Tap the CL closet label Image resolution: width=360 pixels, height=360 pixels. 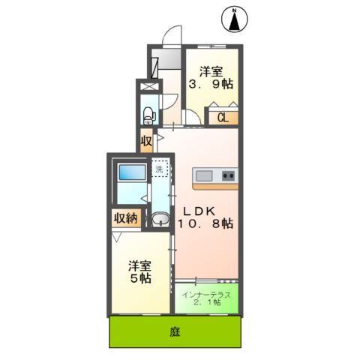tap(223, 116)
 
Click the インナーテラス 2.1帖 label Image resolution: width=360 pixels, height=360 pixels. tap(208, 298)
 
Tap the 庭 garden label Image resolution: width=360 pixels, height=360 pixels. tap(175, 330)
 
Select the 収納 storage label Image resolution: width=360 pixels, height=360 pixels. tap(125, 219)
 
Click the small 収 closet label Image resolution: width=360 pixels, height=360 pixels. tap(146, 140)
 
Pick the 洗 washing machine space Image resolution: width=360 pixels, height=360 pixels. tap(159, 169)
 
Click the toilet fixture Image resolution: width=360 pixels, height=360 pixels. tap(148, 115)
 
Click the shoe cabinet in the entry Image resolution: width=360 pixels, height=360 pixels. tap(154, 66)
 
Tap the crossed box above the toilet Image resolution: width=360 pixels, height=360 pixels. tap(148, 87)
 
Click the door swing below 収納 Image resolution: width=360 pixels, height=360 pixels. tap(118, 236)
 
